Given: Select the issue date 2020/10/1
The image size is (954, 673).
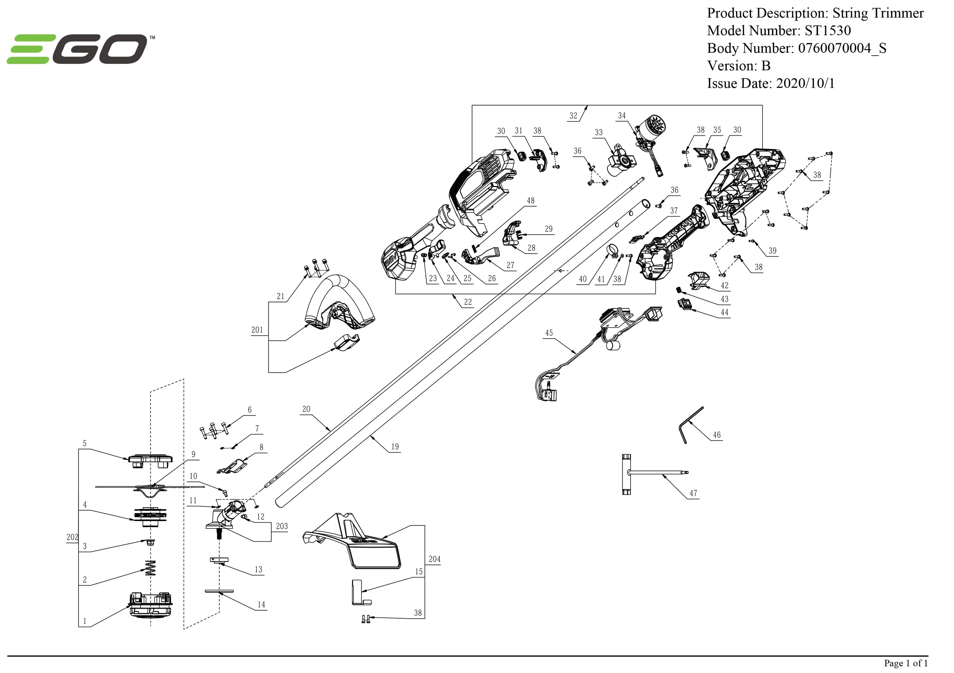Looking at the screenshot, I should tap(805, 84).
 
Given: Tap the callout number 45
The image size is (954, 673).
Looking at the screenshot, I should tap(549, 333).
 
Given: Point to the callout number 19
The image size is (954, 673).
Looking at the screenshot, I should tap(395, 447).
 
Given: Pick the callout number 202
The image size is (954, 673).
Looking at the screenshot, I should tap(72, 537).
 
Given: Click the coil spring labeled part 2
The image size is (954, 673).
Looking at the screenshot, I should tap(150, 568).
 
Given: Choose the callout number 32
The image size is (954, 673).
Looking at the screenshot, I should tap(573, 116).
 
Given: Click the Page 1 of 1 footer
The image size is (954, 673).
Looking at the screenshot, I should tap(905, 663).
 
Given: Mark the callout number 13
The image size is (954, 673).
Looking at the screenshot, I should tap(259, 570).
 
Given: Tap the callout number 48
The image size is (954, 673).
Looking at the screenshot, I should tap(531, 201).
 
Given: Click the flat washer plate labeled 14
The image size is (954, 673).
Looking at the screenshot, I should tap(219, 591).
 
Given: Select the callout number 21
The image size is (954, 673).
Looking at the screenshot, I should tap(281, 296).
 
